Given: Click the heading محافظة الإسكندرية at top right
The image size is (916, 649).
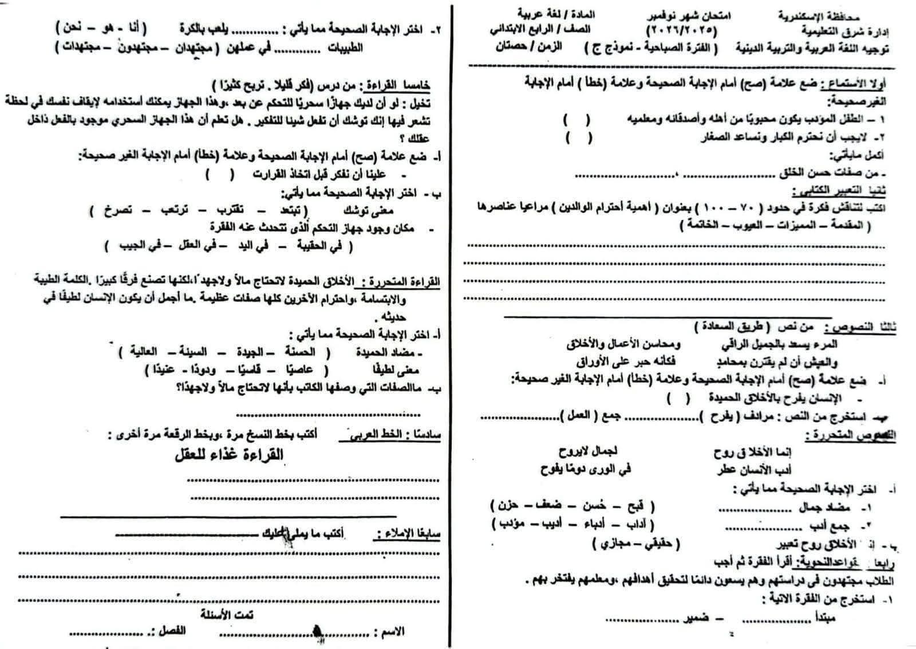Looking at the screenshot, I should pos(827,16).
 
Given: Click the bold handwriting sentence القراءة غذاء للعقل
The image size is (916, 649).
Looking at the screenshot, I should pos(229,455).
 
